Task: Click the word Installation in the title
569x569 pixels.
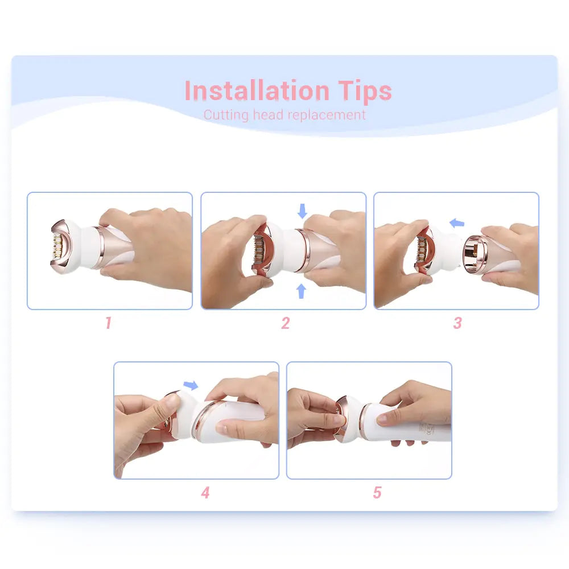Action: [x=257, y=91]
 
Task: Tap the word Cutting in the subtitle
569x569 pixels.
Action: [x=226, y=115]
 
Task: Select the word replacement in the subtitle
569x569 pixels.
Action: [x=326, y=115]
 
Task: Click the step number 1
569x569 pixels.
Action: [x=108, y=323]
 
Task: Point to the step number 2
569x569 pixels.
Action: [x=285, y=323]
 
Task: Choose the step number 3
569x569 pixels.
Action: [x=457, y=323]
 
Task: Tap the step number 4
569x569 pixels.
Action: [x=205, y=493]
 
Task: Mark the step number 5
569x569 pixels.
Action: [x=377, y=493]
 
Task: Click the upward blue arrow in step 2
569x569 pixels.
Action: [x=302, y=291]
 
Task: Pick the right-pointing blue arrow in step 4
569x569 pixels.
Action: [x=191, y=386]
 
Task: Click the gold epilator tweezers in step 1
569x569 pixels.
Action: [x=58, y=246]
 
